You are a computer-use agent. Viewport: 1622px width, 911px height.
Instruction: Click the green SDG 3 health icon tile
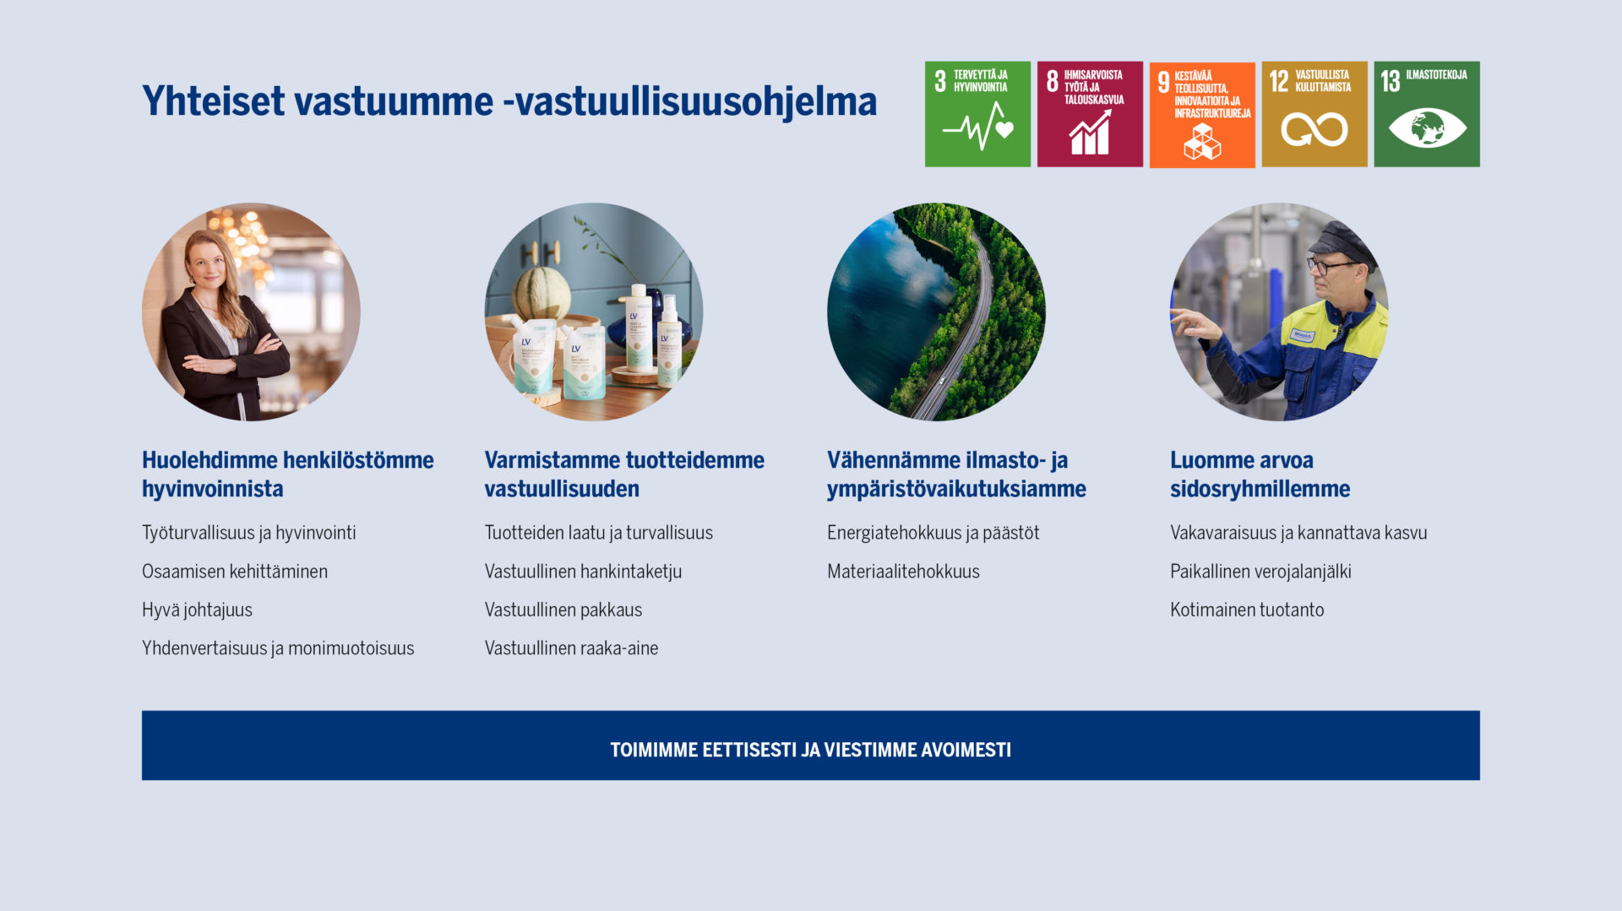977,114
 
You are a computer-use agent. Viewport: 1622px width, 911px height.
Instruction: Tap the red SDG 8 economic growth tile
1090,114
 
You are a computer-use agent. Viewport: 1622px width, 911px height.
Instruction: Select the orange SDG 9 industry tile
1202,115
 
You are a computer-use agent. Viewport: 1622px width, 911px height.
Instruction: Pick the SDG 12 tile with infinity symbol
1314,114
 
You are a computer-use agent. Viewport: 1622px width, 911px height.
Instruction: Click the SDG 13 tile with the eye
1427,114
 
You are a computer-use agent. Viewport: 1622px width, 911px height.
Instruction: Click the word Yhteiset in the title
214,101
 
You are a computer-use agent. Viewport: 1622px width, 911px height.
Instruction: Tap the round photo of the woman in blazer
251,312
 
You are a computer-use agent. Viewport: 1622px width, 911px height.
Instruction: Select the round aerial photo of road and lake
936,312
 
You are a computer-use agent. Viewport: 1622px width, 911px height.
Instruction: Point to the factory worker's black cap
1342,241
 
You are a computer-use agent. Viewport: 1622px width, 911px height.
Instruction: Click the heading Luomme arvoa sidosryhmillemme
1260,474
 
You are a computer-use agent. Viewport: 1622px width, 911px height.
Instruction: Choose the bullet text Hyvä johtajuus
197,610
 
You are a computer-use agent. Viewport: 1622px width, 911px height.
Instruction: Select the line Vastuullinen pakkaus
563,610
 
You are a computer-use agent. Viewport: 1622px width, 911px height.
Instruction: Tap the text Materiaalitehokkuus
903,572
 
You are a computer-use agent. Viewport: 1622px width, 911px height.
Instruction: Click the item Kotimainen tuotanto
1247,610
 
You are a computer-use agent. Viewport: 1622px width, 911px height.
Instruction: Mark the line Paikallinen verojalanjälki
1260,572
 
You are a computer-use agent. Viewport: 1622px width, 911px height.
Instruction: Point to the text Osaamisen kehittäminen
235,572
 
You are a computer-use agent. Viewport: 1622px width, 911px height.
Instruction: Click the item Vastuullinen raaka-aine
571,648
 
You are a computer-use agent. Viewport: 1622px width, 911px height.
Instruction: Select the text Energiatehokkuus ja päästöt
933,533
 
